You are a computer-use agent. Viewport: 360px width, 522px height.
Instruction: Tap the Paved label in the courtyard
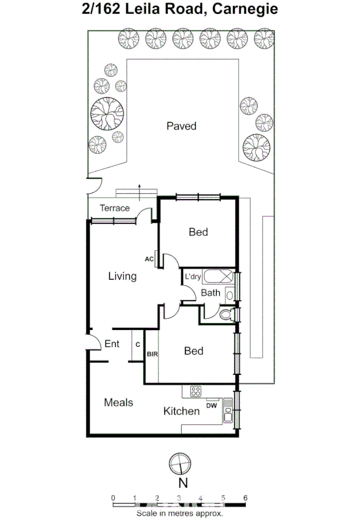(181, 126)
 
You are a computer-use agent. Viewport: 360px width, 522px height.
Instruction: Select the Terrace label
(114, 208)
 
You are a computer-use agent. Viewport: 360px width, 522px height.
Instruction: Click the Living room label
(122, 276)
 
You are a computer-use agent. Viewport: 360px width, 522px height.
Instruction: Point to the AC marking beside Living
(149, 259)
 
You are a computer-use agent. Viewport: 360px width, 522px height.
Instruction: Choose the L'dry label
(192, 276)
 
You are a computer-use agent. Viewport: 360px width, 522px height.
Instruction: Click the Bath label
(210, 292)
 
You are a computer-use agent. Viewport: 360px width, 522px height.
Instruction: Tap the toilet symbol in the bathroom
(226, 315)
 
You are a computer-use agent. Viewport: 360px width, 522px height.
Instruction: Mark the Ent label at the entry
(111, 344)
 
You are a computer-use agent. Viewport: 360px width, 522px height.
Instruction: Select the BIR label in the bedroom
(152, 355)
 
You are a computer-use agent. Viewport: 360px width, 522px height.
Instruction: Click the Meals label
(118, 401)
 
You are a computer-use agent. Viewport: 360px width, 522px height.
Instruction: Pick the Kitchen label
(182, 411)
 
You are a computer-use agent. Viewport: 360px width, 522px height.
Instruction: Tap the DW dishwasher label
(212, 405)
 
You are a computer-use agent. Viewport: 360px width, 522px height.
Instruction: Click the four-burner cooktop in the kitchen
(195, 391)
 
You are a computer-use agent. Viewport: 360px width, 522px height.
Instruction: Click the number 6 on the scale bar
(245, 497)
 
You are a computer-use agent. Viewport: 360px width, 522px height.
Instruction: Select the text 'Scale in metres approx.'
(180, 513)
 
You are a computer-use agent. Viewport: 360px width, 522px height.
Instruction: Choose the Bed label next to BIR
(193, 350)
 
